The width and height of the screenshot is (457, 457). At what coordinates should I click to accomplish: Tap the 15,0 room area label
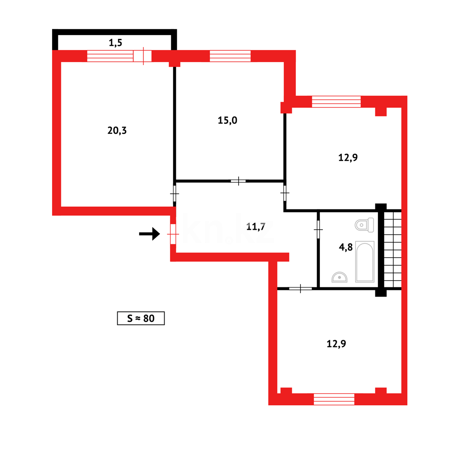pos(227,121)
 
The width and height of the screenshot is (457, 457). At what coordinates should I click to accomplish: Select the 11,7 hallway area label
pos(256,227)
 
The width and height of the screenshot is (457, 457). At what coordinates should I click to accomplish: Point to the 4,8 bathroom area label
pos(346,247)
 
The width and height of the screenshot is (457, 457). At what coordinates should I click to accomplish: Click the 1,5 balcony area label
pos(116,42)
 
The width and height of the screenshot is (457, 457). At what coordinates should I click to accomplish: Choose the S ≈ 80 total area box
pos(140,318)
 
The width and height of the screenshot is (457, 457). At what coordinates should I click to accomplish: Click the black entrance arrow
pos(150,234)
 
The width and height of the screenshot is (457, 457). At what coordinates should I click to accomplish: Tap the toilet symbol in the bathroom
pos(364,225)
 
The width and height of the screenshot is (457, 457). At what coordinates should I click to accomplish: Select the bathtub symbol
pos(364,261)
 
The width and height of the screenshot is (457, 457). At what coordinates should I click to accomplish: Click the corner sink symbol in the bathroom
pos(339,277)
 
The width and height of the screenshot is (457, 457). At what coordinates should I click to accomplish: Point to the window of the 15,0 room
pos(230,56)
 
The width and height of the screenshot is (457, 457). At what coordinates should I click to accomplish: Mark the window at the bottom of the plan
pos(334,399)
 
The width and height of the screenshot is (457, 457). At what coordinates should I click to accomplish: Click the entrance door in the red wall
pos(173,234)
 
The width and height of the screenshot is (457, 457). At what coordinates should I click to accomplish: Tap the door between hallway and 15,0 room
pos(238,181)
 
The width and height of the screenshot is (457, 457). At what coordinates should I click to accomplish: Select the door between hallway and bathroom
pos(318,229)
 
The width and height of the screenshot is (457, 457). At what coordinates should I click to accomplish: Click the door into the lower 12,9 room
pos(300,289)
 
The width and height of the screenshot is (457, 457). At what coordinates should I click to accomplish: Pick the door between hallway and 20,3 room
pos(174,193)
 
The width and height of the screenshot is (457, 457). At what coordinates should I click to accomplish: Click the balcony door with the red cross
pos(143,56)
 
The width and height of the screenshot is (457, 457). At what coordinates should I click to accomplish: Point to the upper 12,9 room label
pos(348,158)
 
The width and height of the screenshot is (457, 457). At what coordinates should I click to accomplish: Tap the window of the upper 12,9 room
pos(336,102)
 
